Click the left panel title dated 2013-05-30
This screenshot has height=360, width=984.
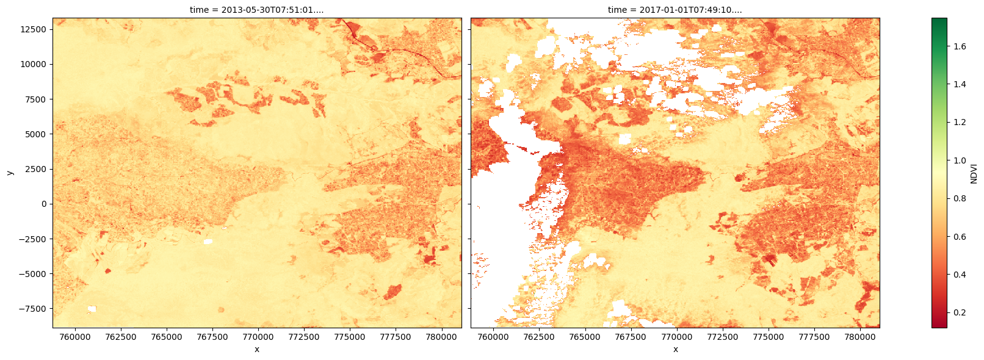(256, 10)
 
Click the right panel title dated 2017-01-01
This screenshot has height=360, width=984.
(675, 10)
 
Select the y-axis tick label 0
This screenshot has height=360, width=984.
(44, 204)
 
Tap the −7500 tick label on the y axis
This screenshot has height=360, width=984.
(32, 309)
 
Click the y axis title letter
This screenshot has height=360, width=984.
(10, 173)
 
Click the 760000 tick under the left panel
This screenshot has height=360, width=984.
(75, 337)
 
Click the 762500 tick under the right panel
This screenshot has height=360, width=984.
(539, 337)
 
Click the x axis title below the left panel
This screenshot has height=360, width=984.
(256, 349)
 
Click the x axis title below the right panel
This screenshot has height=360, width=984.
(675, 349)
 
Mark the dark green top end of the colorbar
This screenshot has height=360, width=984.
(939, 21)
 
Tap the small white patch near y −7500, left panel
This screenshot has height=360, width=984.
(92, 309)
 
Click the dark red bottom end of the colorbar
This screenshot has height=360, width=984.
(939, 325)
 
